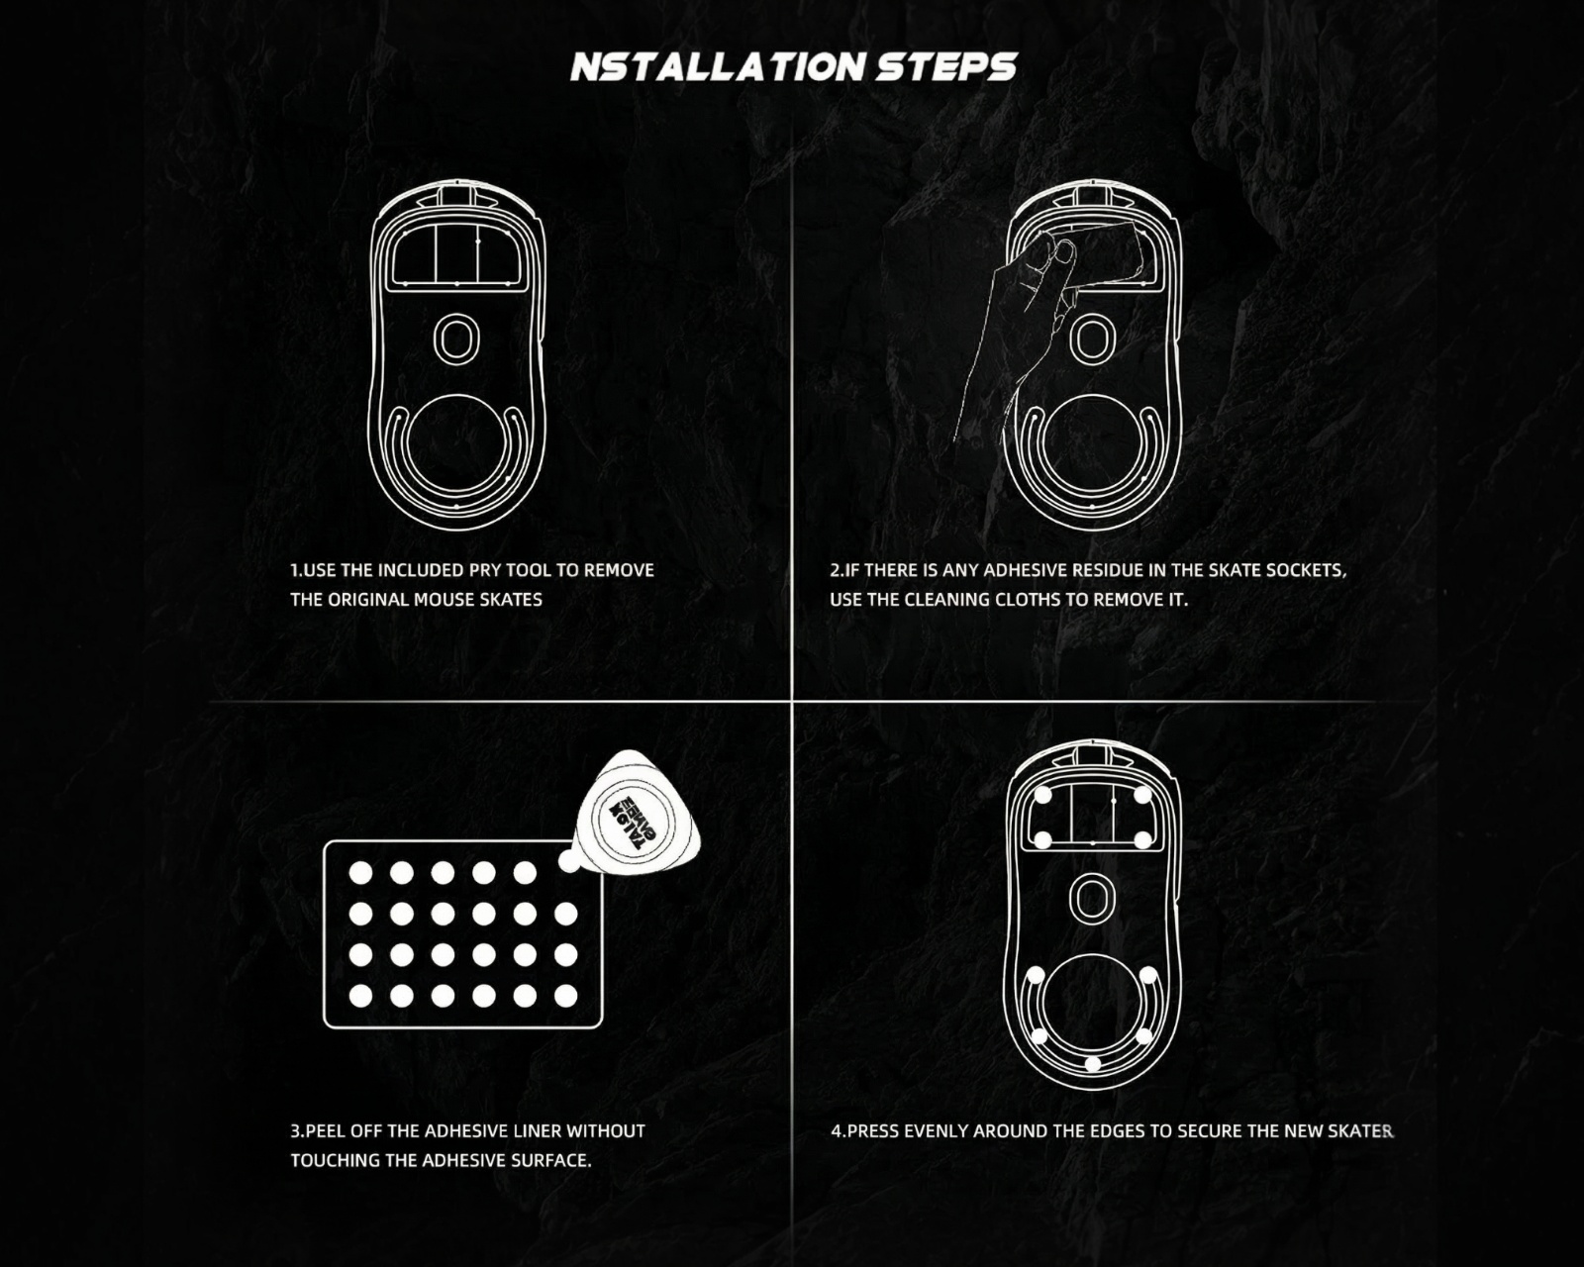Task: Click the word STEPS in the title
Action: point(946,67)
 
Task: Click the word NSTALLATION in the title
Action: point(718,67)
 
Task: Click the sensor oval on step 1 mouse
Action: point(456,339)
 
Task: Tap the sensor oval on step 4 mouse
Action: point(1092,898)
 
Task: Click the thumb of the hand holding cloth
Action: point(1063,257)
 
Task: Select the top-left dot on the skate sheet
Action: point(360,873)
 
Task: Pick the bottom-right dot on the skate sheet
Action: point(565,996)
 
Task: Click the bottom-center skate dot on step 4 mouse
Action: point(1092,1064)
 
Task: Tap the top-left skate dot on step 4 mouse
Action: point(1042,795)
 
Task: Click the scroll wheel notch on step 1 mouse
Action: point(456,197)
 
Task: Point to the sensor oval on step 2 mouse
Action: point(1092,341)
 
